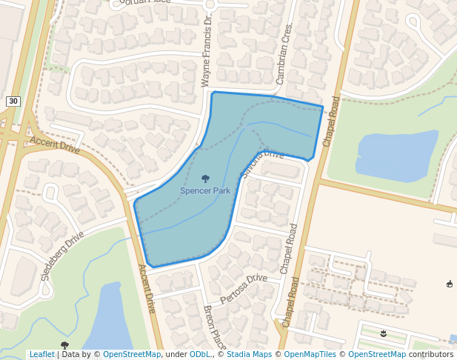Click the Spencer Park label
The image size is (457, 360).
click(x=205, y=191)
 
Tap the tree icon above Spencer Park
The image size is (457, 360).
click(x=205, y=179)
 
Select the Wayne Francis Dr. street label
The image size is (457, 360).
click(x=207, y=51)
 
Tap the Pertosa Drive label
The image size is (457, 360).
click(x=244, y=287)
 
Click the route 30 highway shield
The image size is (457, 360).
click(x=13, y=101)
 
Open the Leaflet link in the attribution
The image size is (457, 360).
click(x=42, y=355)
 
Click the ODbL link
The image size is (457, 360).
click(x=200, y=355)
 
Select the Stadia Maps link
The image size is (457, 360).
click(x=248, y=355)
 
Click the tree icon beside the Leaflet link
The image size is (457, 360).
click(x=65, y=345)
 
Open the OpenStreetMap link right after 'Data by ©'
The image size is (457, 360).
click(x=132, y=355)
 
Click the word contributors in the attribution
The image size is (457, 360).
click(x=431, y=355)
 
